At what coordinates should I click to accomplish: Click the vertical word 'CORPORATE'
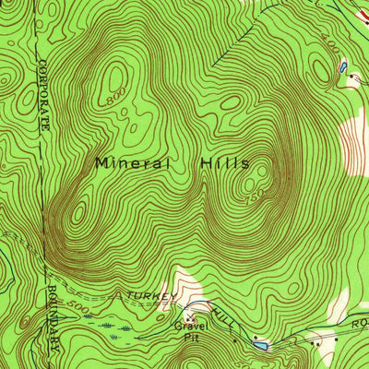click(43, 93)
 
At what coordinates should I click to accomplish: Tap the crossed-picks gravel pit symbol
click(189, 315)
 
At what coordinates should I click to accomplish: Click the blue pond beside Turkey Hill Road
click(260, 345)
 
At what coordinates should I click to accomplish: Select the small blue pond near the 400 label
click(342, 67)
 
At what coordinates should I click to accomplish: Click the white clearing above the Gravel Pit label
click(189, 286)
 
